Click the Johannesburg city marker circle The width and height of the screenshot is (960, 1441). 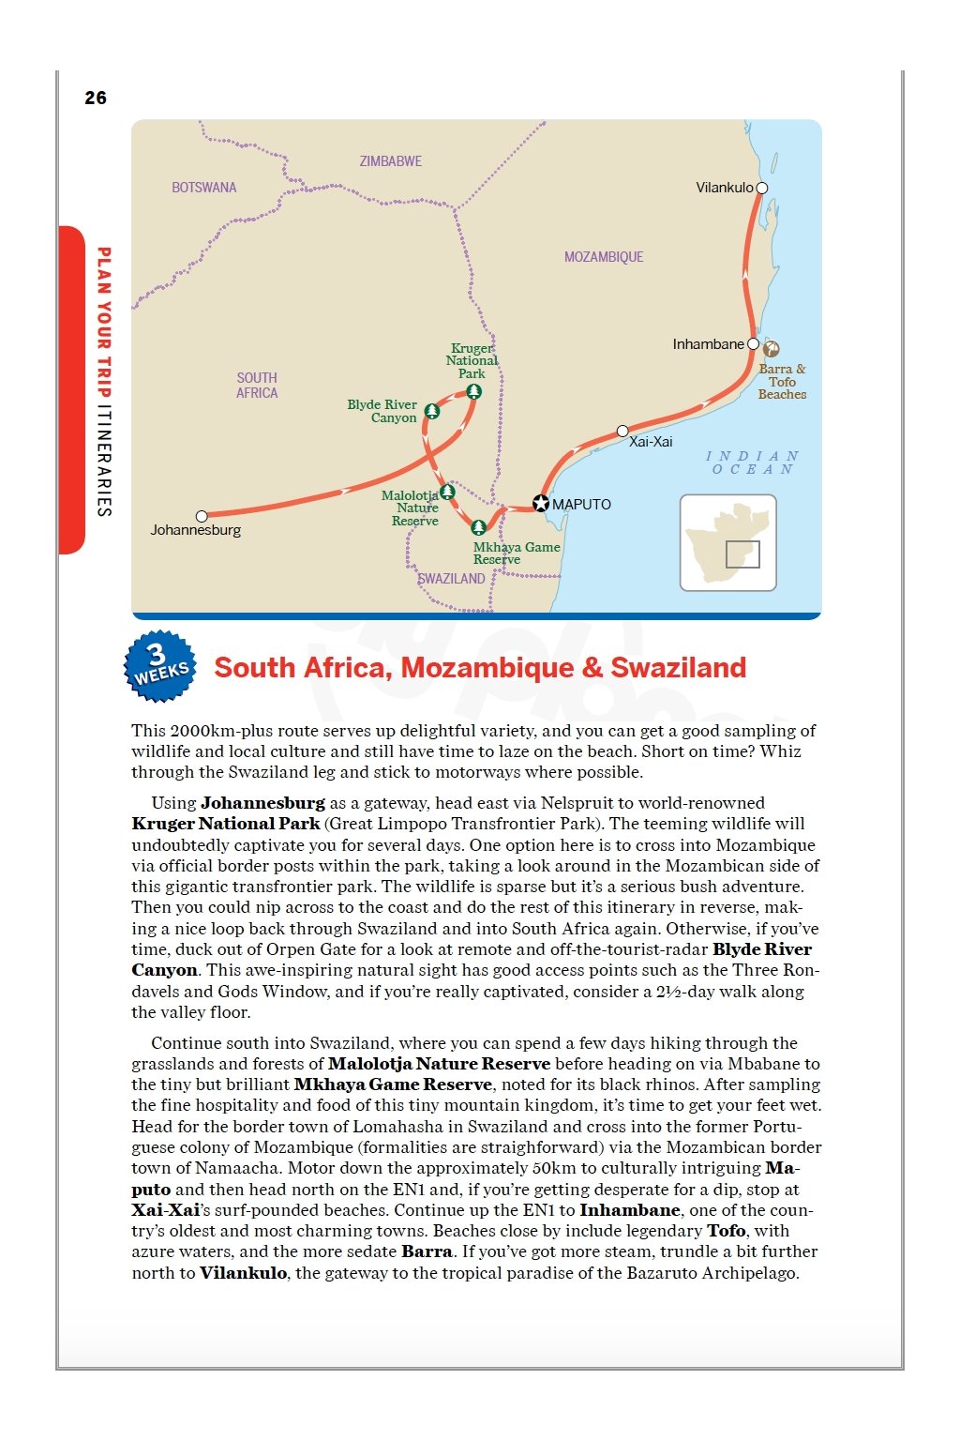[x=202, y=516]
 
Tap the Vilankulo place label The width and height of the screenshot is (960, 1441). [x=724, y=188]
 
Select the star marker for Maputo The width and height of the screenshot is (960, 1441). [x=541, y=504]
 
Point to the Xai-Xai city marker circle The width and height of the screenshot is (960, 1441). [x=622, y=432]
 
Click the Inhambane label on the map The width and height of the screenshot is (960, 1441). [x=708, y=344]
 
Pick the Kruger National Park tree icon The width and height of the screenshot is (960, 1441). [x=474, y=391]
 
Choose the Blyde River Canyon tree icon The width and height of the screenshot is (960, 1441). [x=432, y=411]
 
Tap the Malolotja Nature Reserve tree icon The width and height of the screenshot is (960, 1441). [x=447, y=492]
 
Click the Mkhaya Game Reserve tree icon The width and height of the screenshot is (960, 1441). [x=479, y=527]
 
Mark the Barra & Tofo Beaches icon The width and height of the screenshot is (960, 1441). [x=771, y=349]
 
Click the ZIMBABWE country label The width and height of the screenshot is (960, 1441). [x=391, y=161]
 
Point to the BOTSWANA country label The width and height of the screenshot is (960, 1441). [x=204, y=188]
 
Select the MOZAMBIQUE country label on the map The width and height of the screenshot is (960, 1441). [x=604, y=257]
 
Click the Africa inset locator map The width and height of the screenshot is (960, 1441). [x=728, y=542]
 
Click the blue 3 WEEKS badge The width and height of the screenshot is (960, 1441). [x=160, y=666]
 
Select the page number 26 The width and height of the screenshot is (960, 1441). [x=96, y=98]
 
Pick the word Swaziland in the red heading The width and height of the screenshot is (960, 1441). [x=679, y=668]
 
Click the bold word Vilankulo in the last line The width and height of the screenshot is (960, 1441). [x=244, y=1273]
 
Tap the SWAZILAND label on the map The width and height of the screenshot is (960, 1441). [x=452, y=579]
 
